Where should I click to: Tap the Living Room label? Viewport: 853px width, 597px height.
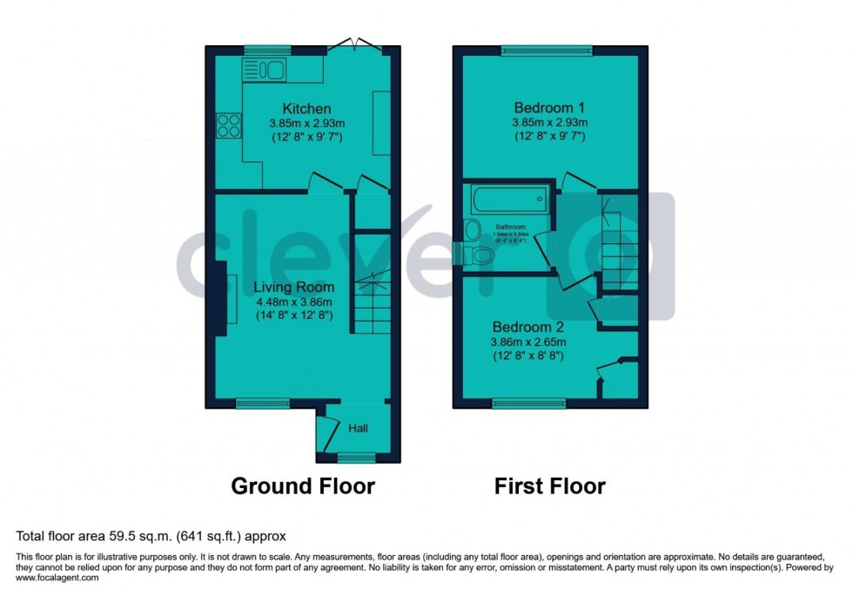click(x=293, y=286)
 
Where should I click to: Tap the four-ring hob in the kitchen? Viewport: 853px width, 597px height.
click(x=230, y=126)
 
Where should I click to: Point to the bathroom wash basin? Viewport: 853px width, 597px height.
click(x=473, y=230)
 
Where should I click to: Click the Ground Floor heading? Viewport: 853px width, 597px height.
click(x=302, y=485)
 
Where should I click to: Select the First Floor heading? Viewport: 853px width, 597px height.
click(x=549, y=485)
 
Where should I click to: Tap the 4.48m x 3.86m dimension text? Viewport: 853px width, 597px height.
click(x=293, y=301)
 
